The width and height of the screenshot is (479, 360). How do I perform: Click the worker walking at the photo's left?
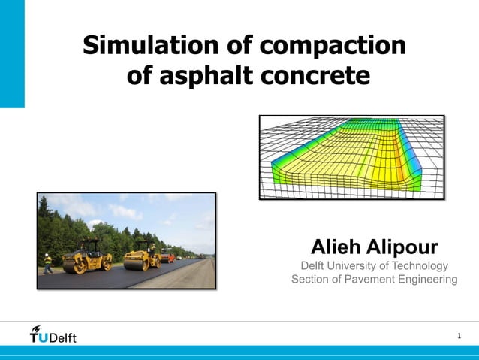point(48,263)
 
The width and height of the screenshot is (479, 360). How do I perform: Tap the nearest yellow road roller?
point(86,258)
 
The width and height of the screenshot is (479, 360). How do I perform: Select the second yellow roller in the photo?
point(142,256)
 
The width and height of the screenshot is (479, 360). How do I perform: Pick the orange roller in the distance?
point(167,255)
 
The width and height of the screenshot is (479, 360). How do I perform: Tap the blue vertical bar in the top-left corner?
point(12,53)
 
